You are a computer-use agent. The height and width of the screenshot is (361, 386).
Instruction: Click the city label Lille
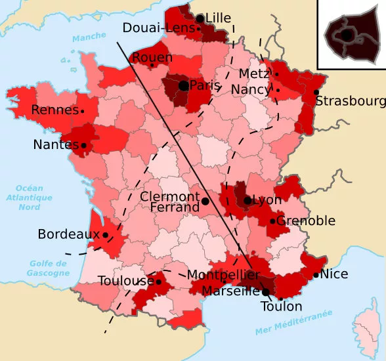pos(219,18)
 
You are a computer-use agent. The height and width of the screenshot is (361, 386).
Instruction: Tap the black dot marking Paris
pos(183,85)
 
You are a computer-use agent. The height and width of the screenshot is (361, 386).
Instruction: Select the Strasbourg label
pos(351,101)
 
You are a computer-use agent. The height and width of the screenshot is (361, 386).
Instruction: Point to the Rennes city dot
pos(83,112)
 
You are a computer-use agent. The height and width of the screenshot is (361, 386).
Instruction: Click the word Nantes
pos(56,144)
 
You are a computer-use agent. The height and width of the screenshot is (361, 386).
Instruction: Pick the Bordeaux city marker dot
pos(105,234)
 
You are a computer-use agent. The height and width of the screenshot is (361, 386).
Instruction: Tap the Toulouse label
pos(126,281)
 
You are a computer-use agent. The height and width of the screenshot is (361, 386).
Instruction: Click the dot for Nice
pos(316,275)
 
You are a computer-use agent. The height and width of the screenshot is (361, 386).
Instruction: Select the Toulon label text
pos(282,307)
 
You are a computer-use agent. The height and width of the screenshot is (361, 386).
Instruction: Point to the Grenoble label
pos(306,221)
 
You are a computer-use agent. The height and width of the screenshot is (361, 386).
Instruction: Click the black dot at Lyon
pos(247,200)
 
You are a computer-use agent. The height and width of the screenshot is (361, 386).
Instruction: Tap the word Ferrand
pos(175,207)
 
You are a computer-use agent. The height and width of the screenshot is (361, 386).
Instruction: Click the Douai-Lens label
pos(159,28)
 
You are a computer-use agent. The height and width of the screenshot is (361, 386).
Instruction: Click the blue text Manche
pos(89,38)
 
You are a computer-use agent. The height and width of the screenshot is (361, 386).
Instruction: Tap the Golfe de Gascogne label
pos(49,268)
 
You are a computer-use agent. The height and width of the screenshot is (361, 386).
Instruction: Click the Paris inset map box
pos(351,33)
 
